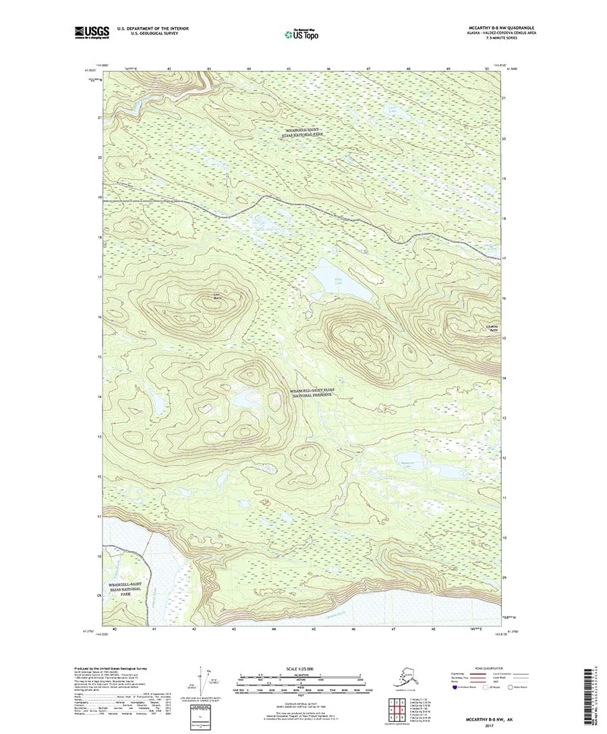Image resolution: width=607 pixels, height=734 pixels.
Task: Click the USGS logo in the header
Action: coord(92,31)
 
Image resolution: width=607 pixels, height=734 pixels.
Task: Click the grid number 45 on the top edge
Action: coord(289,69)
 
